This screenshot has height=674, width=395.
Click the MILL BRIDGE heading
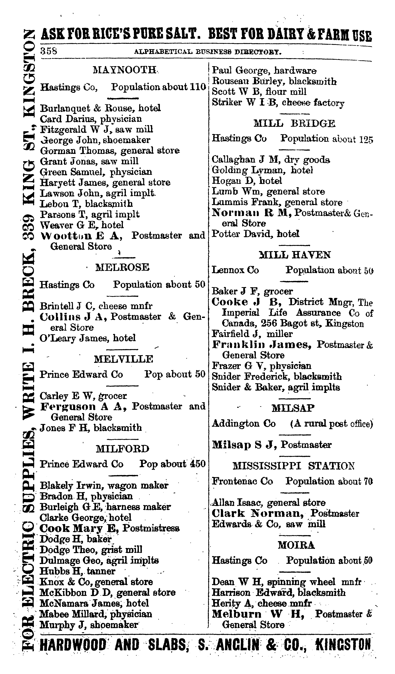(294, 124)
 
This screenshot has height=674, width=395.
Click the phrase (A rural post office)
(331, 424)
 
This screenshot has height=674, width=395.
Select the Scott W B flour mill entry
(259, 92)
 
